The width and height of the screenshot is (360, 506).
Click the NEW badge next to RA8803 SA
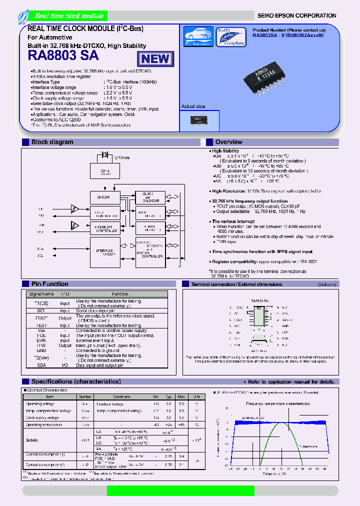click(x=155, y=58)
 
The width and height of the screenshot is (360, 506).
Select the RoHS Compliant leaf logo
click(x=230, y=36)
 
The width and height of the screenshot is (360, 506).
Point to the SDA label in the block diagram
click(x=40, y=248)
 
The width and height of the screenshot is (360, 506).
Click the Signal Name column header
click(x=41, y=294)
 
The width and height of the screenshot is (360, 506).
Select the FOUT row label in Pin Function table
click(x=41, y=317)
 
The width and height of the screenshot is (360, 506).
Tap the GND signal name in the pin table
click(x=41, y=350)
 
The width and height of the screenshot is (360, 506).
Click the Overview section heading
click(x=228, y=142)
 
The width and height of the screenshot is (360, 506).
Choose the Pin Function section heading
click(x=50, y=283)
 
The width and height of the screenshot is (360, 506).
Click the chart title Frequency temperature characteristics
click(x=274, y=403)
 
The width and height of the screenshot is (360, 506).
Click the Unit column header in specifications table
click(x=197, y=396)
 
